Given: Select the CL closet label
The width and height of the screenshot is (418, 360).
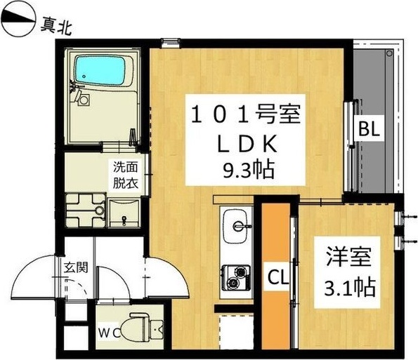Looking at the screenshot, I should [276, 278].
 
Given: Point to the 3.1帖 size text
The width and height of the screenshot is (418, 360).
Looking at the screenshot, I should [344, 286].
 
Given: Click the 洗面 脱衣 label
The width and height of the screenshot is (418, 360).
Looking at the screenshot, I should [126, 175].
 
